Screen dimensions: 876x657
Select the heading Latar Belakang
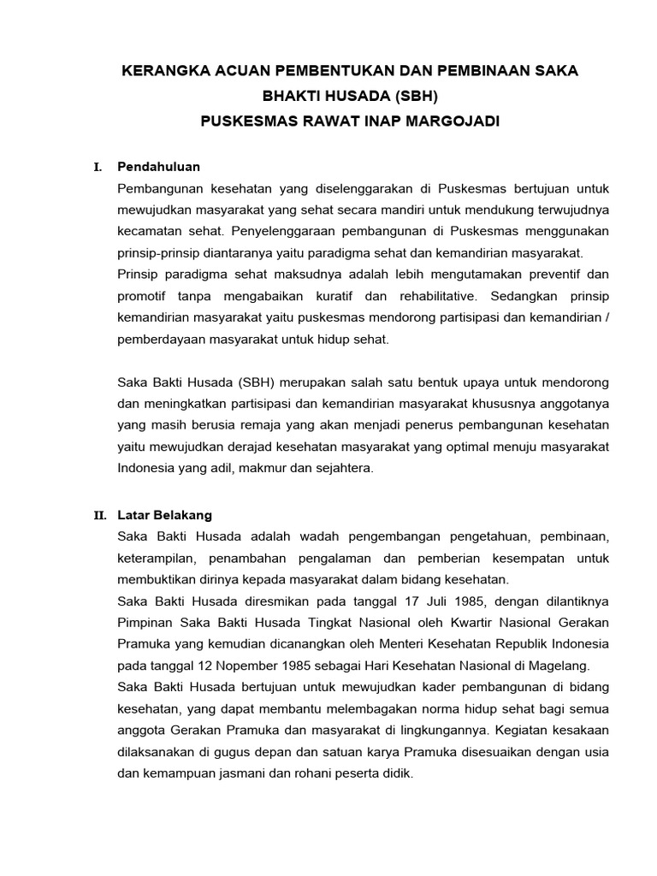coord(164,515)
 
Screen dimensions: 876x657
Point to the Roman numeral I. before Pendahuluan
coord(98,167)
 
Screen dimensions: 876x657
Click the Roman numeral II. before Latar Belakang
coord(99,516)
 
